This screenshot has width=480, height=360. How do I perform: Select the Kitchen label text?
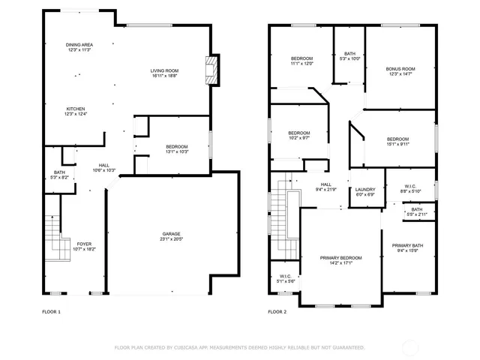76,109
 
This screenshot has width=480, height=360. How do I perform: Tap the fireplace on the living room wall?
211,71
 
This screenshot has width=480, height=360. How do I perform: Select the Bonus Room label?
400,69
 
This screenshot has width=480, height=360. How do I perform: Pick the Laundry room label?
365,190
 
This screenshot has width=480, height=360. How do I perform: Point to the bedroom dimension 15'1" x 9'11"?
398,145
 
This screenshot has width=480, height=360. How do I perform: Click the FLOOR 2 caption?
277,311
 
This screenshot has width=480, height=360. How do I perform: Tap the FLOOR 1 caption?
52,311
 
